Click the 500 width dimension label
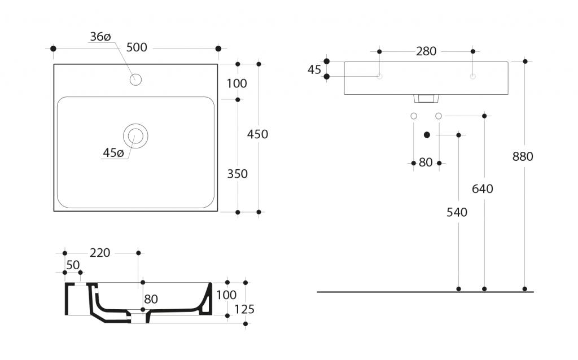(x=137, y=48)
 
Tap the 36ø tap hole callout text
(x=100, y=37)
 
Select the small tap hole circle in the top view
(x=135, y=80)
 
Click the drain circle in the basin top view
(x=135, y=135)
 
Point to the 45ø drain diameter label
(x=113, y=153)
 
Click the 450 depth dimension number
(x=257, y=134)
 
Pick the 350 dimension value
(x=237, y=174)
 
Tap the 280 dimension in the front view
(x=426, y=51)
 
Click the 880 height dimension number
(x=523, y=157)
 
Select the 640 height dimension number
(x=483, y=189)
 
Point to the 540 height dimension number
(x=457, y=212)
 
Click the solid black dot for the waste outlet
(x=427, y=135)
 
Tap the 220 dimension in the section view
(x=100, y=253)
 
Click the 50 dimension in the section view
(x=73, y=265)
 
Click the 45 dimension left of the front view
(x=314, y=69)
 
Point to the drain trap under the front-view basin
(x=426, y=99)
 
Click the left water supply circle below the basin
(x=414, y=116)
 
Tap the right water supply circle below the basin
(x=439, y=116)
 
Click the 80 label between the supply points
(x=426, y=163)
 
